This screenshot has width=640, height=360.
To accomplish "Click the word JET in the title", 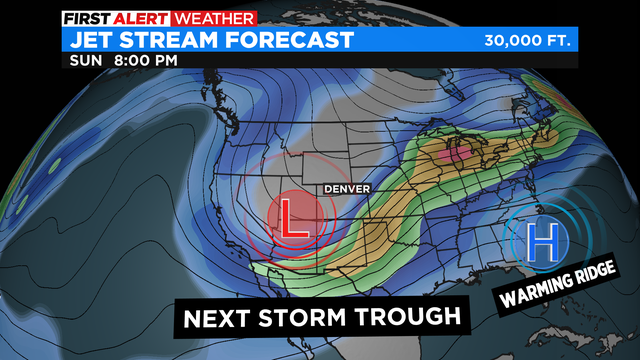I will (x=95, y=40).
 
